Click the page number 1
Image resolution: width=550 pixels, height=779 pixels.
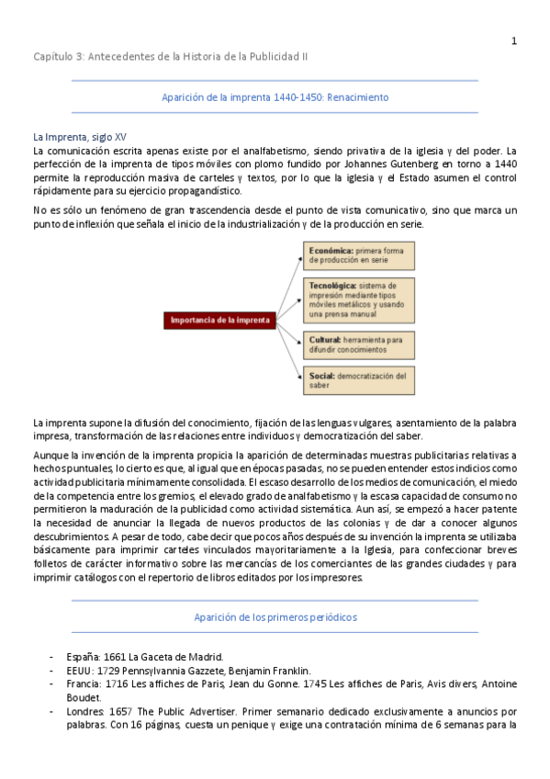(x=514, y=40)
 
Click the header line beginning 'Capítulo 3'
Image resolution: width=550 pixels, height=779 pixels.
(x=171, y=56)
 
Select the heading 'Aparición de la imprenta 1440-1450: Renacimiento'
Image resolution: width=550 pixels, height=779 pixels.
(x=275, y=96)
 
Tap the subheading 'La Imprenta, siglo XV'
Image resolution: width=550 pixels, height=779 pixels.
(x=80, y=136)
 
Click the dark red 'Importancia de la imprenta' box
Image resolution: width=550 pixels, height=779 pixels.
(x=221, y=320)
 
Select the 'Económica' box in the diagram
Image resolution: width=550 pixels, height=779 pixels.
(x=359, y=255)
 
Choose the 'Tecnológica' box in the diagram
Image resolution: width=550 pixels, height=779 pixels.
(x=359, y=299)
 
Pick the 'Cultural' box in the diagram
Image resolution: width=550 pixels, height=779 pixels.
(x=359, y=344)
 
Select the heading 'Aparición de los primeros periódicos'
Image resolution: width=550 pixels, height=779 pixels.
(x=275, y=616)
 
